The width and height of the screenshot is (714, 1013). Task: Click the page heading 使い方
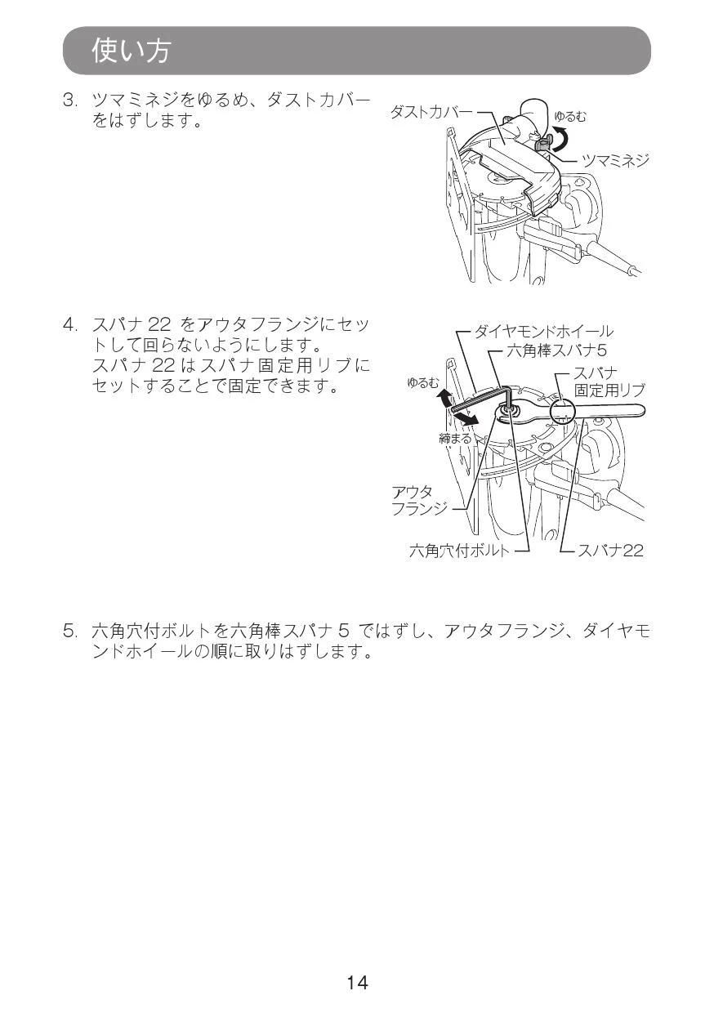132,50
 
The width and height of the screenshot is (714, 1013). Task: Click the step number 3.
70,100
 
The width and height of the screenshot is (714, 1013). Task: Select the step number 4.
70,325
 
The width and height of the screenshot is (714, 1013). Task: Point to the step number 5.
70,631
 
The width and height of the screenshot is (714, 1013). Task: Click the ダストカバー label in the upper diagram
431,111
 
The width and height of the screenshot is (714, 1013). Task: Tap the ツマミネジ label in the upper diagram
615,159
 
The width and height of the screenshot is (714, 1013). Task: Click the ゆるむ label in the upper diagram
571,117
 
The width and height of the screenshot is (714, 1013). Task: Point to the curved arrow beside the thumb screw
563,139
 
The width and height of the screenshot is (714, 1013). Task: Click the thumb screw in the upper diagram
542,145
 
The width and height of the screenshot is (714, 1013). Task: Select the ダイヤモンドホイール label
543,332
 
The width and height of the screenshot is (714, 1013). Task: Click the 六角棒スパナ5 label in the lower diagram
556,350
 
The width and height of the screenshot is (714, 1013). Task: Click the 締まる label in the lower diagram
455,438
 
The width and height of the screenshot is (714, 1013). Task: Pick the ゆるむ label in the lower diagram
423,383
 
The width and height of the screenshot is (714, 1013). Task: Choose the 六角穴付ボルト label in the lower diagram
459,551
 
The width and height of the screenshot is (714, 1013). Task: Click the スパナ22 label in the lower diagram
610,551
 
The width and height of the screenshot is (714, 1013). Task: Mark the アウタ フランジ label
419,500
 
